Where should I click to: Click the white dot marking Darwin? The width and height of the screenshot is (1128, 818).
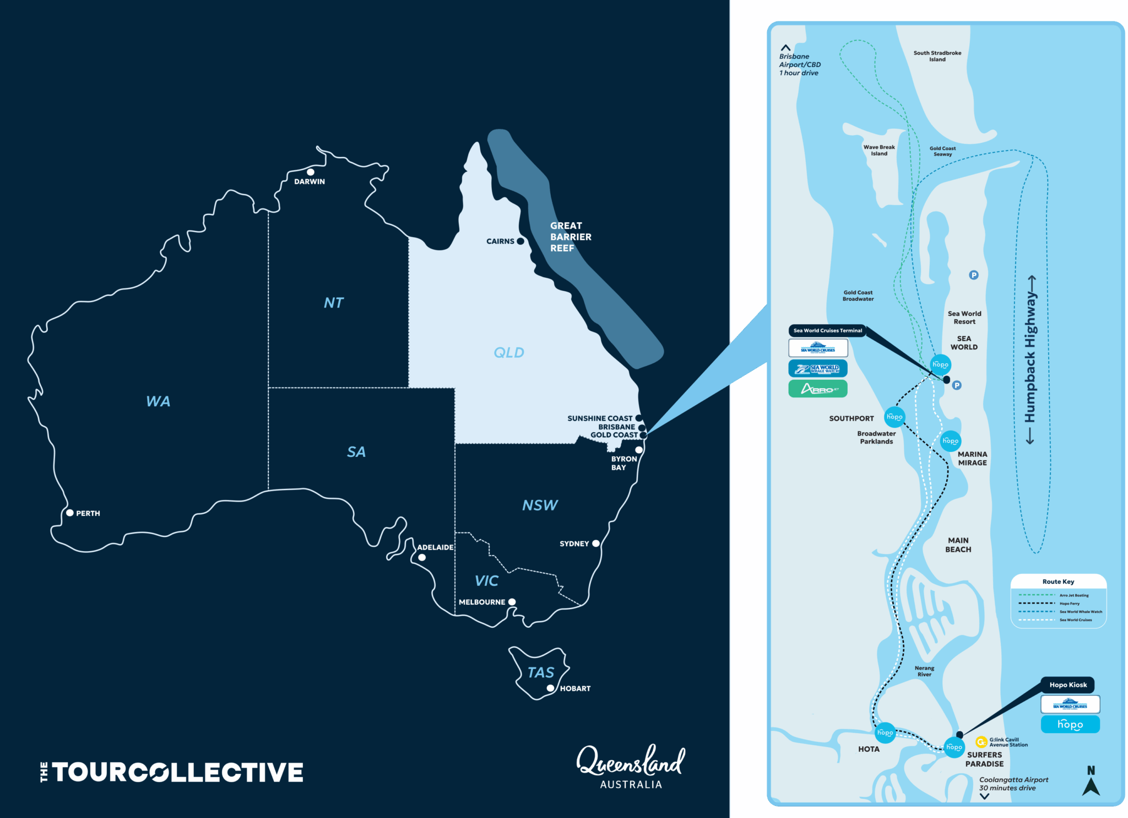point(311,172)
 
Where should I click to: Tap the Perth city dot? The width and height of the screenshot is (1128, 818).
point(70,513)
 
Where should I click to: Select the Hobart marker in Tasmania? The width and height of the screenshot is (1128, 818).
point(550,688)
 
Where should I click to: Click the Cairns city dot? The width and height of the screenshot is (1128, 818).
point(520,241)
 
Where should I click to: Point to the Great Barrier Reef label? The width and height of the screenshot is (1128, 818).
point(570,237)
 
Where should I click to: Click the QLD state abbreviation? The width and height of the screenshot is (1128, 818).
point(508,353)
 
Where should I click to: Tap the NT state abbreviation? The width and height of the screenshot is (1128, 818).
point(333,303)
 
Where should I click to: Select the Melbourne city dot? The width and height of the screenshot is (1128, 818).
point(512,602)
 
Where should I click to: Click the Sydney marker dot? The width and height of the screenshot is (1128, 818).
point(595,543)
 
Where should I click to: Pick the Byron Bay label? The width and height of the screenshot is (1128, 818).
point(623,463)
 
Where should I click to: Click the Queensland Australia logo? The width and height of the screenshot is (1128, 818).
point(631,767)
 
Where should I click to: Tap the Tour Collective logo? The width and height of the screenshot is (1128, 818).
point(172,772)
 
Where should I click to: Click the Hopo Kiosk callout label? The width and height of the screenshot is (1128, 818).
point(1068,685)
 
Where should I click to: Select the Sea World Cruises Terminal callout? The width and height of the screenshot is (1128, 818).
point(827,331)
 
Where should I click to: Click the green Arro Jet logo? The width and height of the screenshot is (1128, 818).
point(818,389)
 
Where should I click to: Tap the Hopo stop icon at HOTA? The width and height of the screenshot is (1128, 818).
point(885,733)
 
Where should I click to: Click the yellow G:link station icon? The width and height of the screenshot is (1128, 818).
point(981,742)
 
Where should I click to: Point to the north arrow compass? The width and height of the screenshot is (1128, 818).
point(1091,782)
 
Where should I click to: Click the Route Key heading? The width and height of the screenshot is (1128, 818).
point(1058,582)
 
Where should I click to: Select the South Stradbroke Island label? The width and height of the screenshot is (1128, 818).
point(937,56)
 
